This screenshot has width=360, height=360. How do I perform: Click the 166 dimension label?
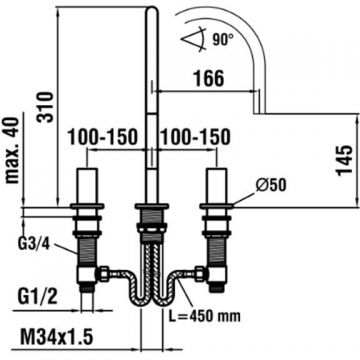pyautogui.click(x=209, y=79)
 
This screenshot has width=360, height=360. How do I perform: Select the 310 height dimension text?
pyautogui.click(x=45, y=107)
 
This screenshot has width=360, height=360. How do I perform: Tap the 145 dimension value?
pyautogui.click(x=344, y=160)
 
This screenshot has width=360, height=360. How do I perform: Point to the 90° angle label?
pyautogui.click(x=222, y=40)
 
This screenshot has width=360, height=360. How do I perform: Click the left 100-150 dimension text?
pyautogui.click(x=103, y=137)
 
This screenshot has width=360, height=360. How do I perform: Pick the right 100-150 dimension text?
pyautogui.click(x=195, y=137)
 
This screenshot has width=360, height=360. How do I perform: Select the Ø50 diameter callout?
pyautogui.click(x=271, y=185)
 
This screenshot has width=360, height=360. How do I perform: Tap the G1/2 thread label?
pyautogui.click(x=36, y=297)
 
